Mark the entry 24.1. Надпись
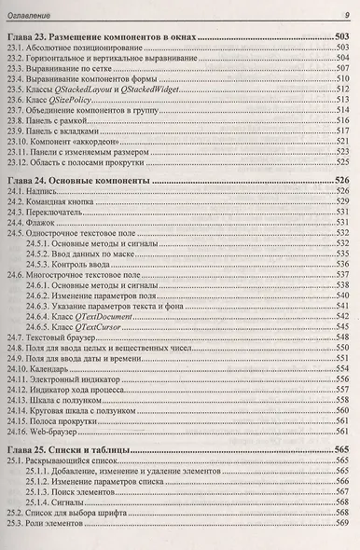click(x=41, y=190)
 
